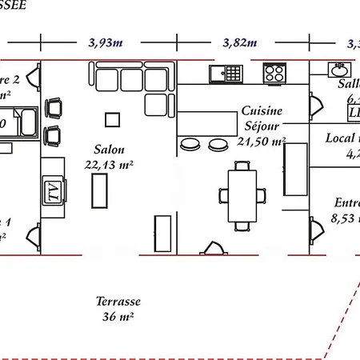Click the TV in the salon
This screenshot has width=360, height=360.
52,191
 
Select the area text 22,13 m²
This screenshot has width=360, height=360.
113,164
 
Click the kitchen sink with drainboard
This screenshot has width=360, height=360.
225,74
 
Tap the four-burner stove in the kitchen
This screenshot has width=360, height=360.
274,73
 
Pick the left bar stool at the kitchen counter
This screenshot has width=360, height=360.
190,144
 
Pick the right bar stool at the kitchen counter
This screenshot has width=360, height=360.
217,144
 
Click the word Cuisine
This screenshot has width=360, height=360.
260,114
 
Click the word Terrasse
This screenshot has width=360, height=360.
118,302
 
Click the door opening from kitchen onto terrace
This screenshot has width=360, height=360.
212,248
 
